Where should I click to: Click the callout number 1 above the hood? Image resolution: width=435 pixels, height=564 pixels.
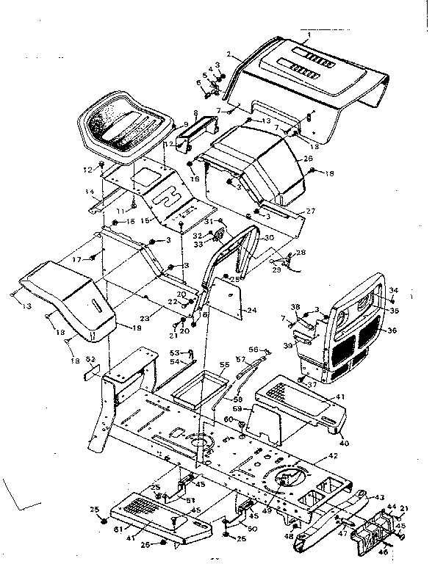(x=309, y=35)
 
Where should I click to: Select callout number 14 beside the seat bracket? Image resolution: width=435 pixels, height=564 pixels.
(x=90, y=192)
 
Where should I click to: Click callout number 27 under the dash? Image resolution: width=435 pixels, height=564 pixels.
(x=311, y=211)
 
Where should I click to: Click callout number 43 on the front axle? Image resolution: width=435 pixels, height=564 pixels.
(x=379, y=497)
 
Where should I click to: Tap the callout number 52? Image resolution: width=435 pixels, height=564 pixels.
(x=90, y=359)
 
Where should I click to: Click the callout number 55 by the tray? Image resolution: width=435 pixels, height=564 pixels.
(x=225, y=364)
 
